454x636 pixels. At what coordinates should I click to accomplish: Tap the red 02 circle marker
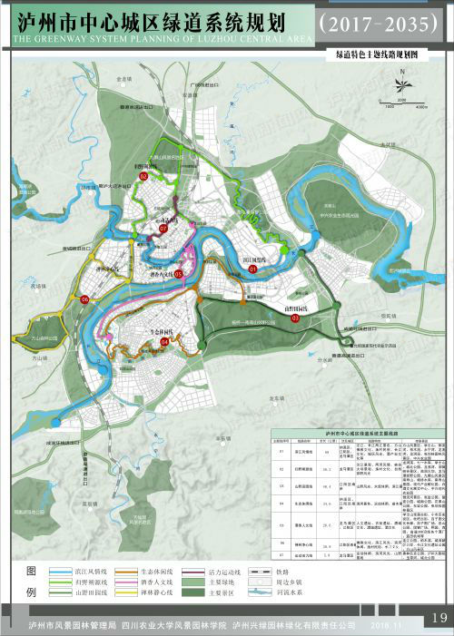tap(143, 177)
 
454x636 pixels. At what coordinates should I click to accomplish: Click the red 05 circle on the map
tap(178, 273)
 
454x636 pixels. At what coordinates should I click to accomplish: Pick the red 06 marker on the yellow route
tap(84, 298)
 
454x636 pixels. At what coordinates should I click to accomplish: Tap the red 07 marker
tap(163, 230)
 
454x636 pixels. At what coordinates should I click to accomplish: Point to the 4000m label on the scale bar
tap(421, 107)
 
